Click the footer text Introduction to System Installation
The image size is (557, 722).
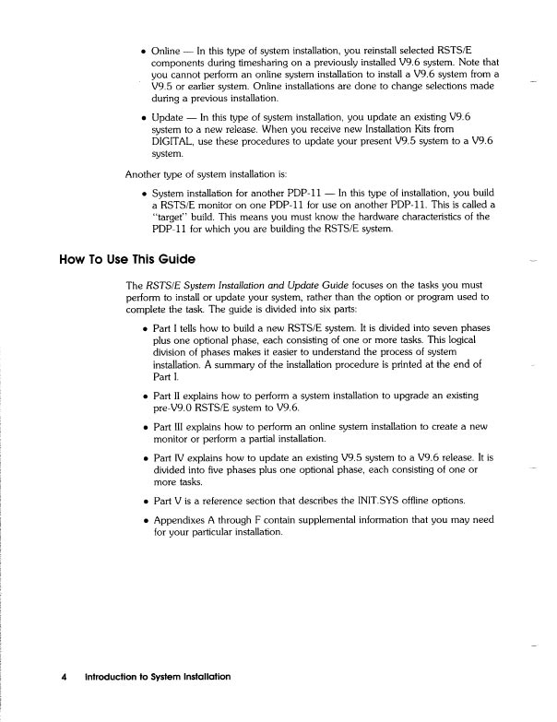point(157,676)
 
